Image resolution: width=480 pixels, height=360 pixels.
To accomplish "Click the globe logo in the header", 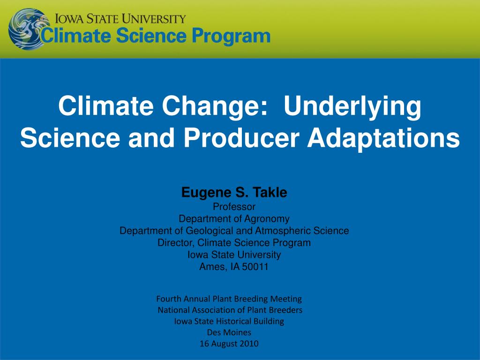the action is pyautogui.click(x=27, y=30).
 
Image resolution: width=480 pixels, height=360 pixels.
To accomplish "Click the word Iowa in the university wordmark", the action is pyautogui.click(x=69, y=19).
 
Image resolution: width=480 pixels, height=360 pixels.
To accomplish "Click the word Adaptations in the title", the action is pyautogui.click(x=383, y=138).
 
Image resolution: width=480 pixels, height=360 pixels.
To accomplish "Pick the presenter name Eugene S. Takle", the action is pyautogui.click(x=234, y=193).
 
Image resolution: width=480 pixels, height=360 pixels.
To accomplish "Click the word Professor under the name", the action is pyautogui.click(x=234, y=207).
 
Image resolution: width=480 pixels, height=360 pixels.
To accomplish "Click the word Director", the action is pyautogui.click(x=176, y=243).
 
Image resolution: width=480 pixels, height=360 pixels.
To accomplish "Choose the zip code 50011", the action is pyautogui.click(x=255, y=267).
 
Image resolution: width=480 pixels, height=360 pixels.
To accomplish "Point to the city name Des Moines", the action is pyautogui.click(x=229, y=332).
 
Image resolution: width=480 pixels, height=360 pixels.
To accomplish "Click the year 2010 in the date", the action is pyautogui.click(x=248, y=344).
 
